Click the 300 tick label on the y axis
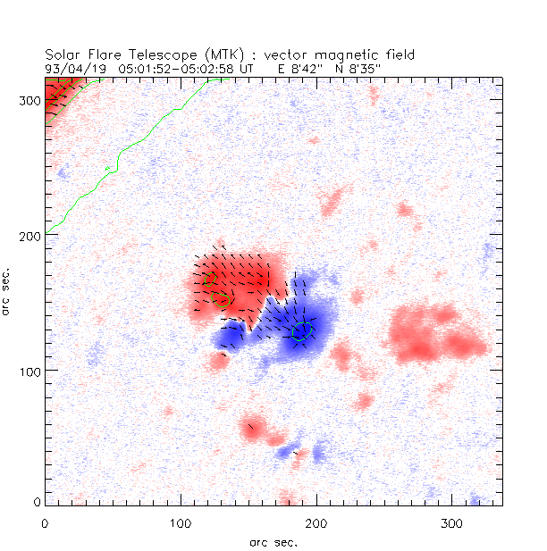(28, 100)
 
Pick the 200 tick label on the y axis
(28, 235)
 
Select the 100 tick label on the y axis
(28, 370)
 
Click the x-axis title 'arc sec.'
(273, 540)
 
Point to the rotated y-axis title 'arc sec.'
(8, 290)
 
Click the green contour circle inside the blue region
(302, 332)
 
